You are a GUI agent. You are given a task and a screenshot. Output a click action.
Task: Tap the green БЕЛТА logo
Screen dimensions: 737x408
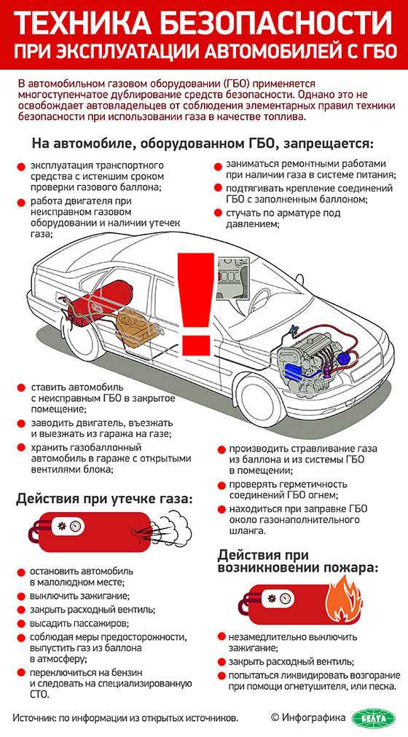374,717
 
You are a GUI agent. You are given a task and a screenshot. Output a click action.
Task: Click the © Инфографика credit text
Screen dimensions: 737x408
307,717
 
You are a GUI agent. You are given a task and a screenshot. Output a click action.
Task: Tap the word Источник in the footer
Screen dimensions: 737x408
36,717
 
